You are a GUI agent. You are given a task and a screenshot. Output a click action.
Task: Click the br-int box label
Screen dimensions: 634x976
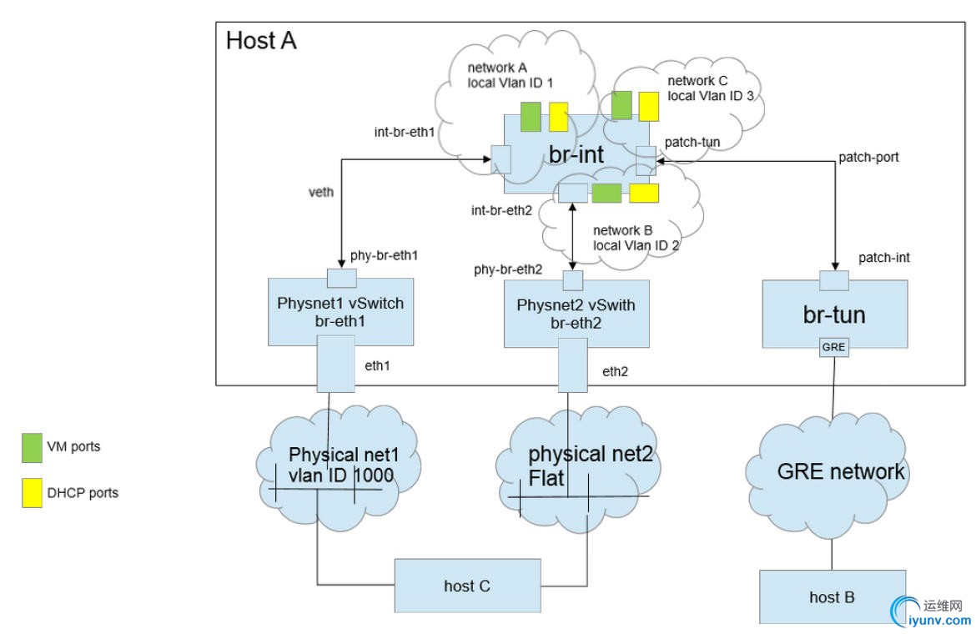coord(577,154)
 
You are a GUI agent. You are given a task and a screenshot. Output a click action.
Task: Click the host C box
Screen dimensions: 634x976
coord(467,585)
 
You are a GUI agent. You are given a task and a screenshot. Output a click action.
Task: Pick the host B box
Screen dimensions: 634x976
coord(831,596)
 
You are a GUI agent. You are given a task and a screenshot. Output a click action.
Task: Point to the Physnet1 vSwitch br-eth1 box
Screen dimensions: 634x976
coord(340,311)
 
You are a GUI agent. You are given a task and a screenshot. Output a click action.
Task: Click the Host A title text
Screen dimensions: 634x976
coord(261,40)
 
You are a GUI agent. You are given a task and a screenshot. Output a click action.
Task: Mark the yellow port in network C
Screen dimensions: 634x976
coord(648,107)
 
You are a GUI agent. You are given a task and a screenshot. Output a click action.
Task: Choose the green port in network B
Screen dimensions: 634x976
coord(606,194)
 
